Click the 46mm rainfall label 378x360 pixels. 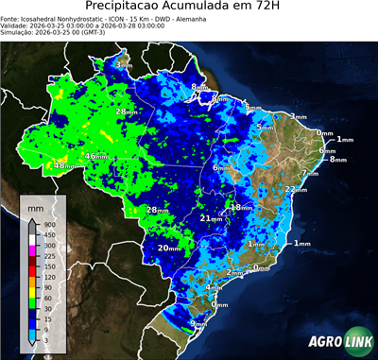pyautogui.click(x=95, y=156)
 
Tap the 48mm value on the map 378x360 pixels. pyautogui.click(x=64, y=166)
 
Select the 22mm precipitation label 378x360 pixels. pyautogui.click(x=296, y=190)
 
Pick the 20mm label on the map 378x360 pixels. pyautogui.click(x=168, y=248)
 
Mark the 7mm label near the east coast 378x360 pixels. pyautogui.click(x=251, y=109)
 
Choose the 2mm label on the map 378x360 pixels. pyautogui.click(x=234, y=272)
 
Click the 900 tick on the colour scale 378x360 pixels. pyautogui.click(x=45, y=225)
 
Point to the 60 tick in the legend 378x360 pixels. pyautogui.click(x=45, y=298)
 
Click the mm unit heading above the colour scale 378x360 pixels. pyautogui.click(x=35, y=205)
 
